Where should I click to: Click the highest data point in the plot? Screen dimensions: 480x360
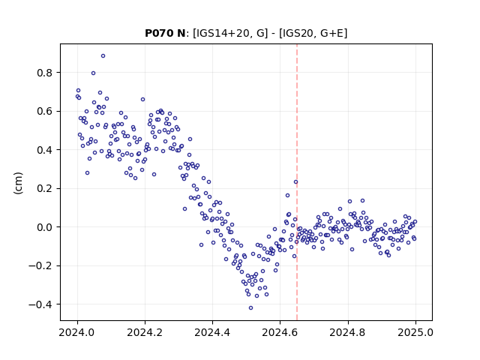103,56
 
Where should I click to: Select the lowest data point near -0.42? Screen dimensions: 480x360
250,308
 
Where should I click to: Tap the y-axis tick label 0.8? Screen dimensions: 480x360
45,73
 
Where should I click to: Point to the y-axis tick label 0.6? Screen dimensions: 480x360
45,112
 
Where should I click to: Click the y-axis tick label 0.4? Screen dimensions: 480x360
45,150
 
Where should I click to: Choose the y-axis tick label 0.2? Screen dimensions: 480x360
45,188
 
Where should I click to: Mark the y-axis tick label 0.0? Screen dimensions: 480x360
45,227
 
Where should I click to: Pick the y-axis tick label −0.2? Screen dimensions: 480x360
40,265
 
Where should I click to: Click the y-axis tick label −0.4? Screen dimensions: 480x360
40,304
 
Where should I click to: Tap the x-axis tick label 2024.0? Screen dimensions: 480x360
77,332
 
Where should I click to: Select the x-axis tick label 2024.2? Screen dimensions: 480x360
145,332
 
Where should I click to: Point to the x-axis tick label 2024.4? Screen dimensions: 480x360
212,332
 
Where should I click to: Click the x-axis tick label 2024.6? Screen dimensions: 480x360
280,332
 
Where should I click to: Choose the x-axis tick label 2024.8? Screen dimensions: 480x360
348,332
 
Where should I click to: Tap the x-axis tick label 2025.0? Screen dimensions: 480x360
415,332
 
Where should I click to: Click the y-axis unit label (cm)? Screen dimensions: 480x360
18,183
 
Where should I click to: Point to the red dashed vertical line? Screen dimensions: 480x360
297,182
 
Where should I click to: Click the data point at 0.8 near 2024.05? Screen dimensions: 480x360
93,73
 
